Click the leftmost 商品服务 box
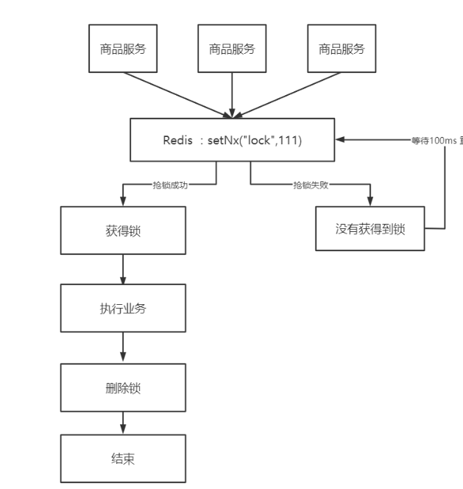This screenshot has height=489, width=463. tap(123, 49)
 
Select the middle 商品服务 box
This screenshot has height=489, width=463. tap(232, 49)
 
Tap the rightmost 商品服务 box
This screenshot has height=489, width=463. tap(341, 49)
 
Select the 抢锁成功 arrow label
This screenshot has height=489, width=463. tap(170, 186)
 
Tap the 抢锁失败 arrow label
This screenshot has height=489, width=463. tap(310, 186)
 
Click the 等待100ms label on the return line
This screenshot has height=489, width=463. tap(437, 139)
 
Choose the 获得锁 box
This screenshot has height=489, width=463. tap(123, 231)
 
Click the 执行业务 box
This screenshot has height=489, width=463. tap(123, 309)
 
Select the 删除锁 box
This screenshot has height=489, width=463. tap(123, 386)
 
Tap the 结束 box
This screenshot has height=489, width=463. tap(123, 460)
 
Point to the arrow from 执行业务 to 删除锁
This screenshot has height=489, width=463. tap(123, 347)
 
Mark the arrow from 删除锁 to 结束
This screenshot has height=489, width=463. tap(123, 423)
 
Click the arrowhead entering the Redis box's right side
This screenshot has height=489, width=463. tap(340, 138)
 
